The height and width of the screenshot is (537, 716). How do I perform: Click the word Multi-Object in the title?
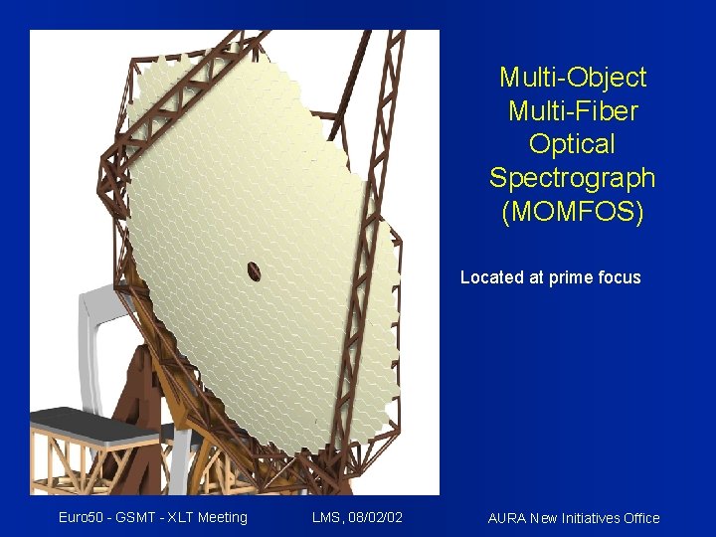[x=573, y=78]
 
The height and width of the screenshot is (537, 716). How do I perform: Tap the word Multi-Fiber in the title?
[x=573, y=110]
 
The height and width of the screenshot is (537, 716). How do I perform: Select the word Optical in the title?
[x=573, y=144]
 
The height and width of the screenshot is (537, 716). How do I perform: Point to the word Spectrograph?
[x=573, y=178]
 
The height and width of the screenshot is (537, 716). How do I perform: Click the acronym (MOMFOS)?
[x=573, y=212]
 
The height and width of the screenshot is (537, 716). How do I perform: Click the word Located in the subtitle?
[x=492, y=277]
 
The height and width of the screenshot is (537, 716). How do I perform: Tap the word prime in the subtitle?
[x=571, y=278]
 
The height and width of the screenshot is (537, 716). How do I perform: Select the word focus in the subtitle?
[x=619, y=277]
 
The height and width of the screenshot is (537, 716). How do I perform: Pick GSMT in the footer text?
[x=139, y=517]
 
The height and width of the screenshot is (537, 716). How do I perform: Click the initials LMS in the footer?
[x=327, y=517]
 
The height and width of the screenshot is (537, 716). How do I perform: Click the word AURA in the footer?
[x=507, y=518]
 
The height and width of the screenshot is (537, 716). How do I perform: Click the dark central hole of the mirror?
[x=254, y=270]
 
